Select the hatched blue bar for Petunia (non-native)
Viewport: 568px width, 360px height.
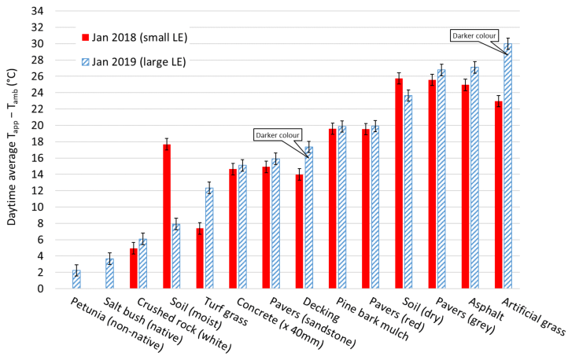point(76,279)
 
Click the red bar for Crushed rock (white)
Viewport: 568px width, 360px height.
point(134,268)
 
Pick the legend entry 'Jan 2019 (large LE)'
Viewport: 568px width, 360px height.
point(138,62)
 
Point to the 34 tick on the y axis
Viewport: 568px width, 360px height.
point(44,11)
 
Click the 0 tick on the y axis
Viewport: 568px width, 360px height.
point(47,288)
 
